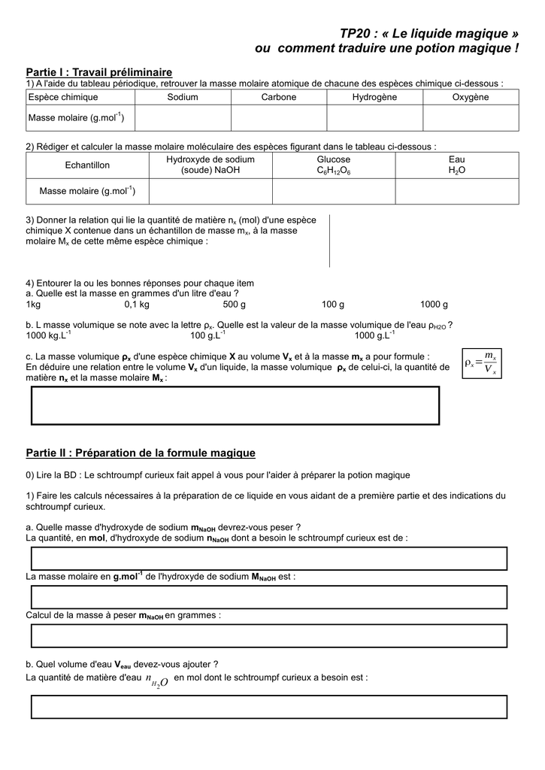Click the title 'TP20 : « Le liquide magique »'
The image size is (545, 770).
pyautogui.click(x=429, y=34)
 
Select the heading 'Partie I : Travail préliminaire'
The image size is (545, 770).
pyautogui.click(x=99, y=71)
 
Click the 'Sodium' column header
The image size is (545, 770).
pyautogui.click(x=183, y=97)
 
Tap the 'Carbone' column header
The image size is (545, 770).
pyautogui.click(x=279, y=97)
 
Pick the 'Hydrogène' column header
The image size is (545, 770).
pyautogui.click(x=374, y=97)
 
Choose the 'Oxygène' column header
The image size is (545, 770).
pyautogui.click(x=471, y=97)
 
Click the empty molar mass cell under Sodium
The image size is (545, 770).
pyautogui.click(x=183, y=118)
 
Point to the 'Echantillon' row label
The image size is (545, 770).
pyautogui.click(x=87, y=165)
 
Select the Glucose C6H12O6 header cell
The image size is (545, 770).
pyautogui.click(x=334, y=165)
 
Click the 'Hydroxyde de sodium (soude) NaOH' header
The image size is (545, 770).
pyautogui.click(x=210, y=165)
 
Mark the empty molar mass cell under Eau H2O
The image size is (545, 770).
pyautogui.click(x=457, y=192)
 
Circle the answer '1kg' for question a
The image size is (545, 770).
pyautogui.click(x=33, y=305)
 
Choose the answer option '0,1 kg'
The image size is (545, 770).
pyautogui.click(x=137, y=305)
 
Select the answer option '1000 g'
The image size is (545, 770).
pyautogui.click(x=434, y=305)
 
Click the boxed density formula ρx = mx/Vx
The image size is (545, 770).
pyautogui.click(x=481, y=362)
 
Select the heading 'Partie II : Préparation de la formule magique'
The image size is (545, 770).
pyautogui.click(x=141, y=453)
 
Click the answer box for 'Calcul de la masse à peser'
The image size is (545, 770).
pyautogui.click(x=268, y=635)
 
